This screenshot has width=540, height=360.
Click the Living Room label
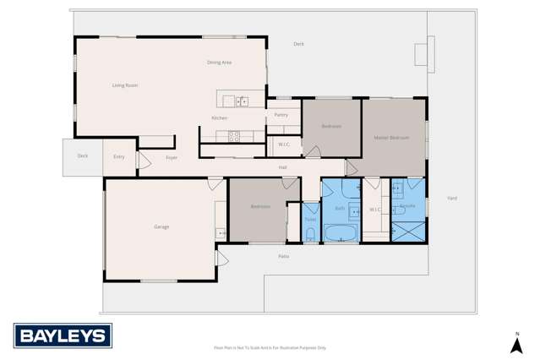pyautogui.click(x=125, y=85)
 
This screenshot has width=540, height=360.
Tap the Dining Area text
pyautogui.click(x=219, y=63)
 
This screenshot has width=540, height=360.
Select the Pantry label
pyautogui.click(x=281, y=114)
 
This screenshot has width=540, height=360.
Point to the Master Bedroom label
pyautogui.click(x=391, y=137)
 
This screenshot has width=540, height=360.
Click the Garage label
pyautogui.click(x=161, y=226)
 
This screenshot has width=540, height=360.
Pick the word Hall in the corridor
pyautogui.click(x=283, y=167)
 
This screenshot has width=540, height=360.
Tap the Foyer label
pyautogui.click(x=171, y=157)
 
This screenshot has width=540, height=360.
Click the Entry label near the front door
pyautogui.click(x=118, y=157)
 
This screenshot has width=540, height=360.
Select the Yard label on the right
pyautogui.click(x=452, y=198)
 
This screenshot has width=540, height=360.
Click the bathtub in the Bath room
pyautogui.click(x=341, y=232)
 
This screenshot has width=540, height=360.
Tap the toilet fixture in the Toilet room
pyautogui.click(x=310, y=234)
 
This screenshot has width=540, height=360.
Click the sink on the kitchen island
pyautogui.click(x=242, y=101)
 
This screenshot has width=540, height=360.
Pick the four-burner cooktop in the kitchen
pyautogui.click(x=234, y=135)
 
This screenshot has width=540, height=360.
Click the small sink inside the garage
pyautogui.click(x=221, y=232)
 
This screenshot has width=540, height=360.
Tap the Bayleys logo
pyautogui.click(x=62, y=336)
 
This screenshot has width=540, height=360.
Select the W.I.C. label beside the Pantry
pyautogui.click(x=284, y=145)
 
